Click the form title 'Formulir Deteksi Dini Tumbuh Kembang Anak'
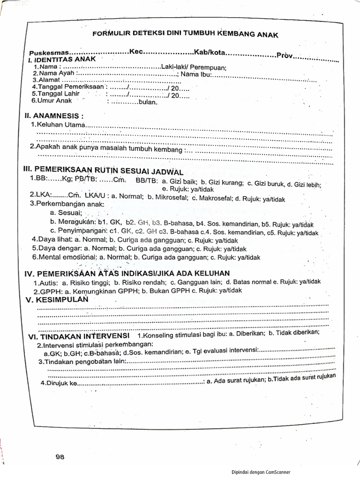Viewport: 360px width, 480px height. pyautogui.click(x=185, y=34)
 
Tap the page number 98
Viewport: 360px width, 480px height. pyautogui.click(x=59, y=457)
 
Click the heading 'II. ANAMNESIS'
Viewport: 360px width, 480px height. pyautogui.click(x=56, y=115)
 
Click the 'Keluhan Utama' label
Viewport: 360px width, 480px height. pyautogui.click(x=60, y=125)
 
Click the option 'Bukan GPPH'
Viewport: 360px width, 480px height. pyautogui.click(x=168, y=291)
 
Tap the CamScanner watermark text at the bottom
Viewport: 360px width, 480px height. pyautogui.click(x=261, y=472)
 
